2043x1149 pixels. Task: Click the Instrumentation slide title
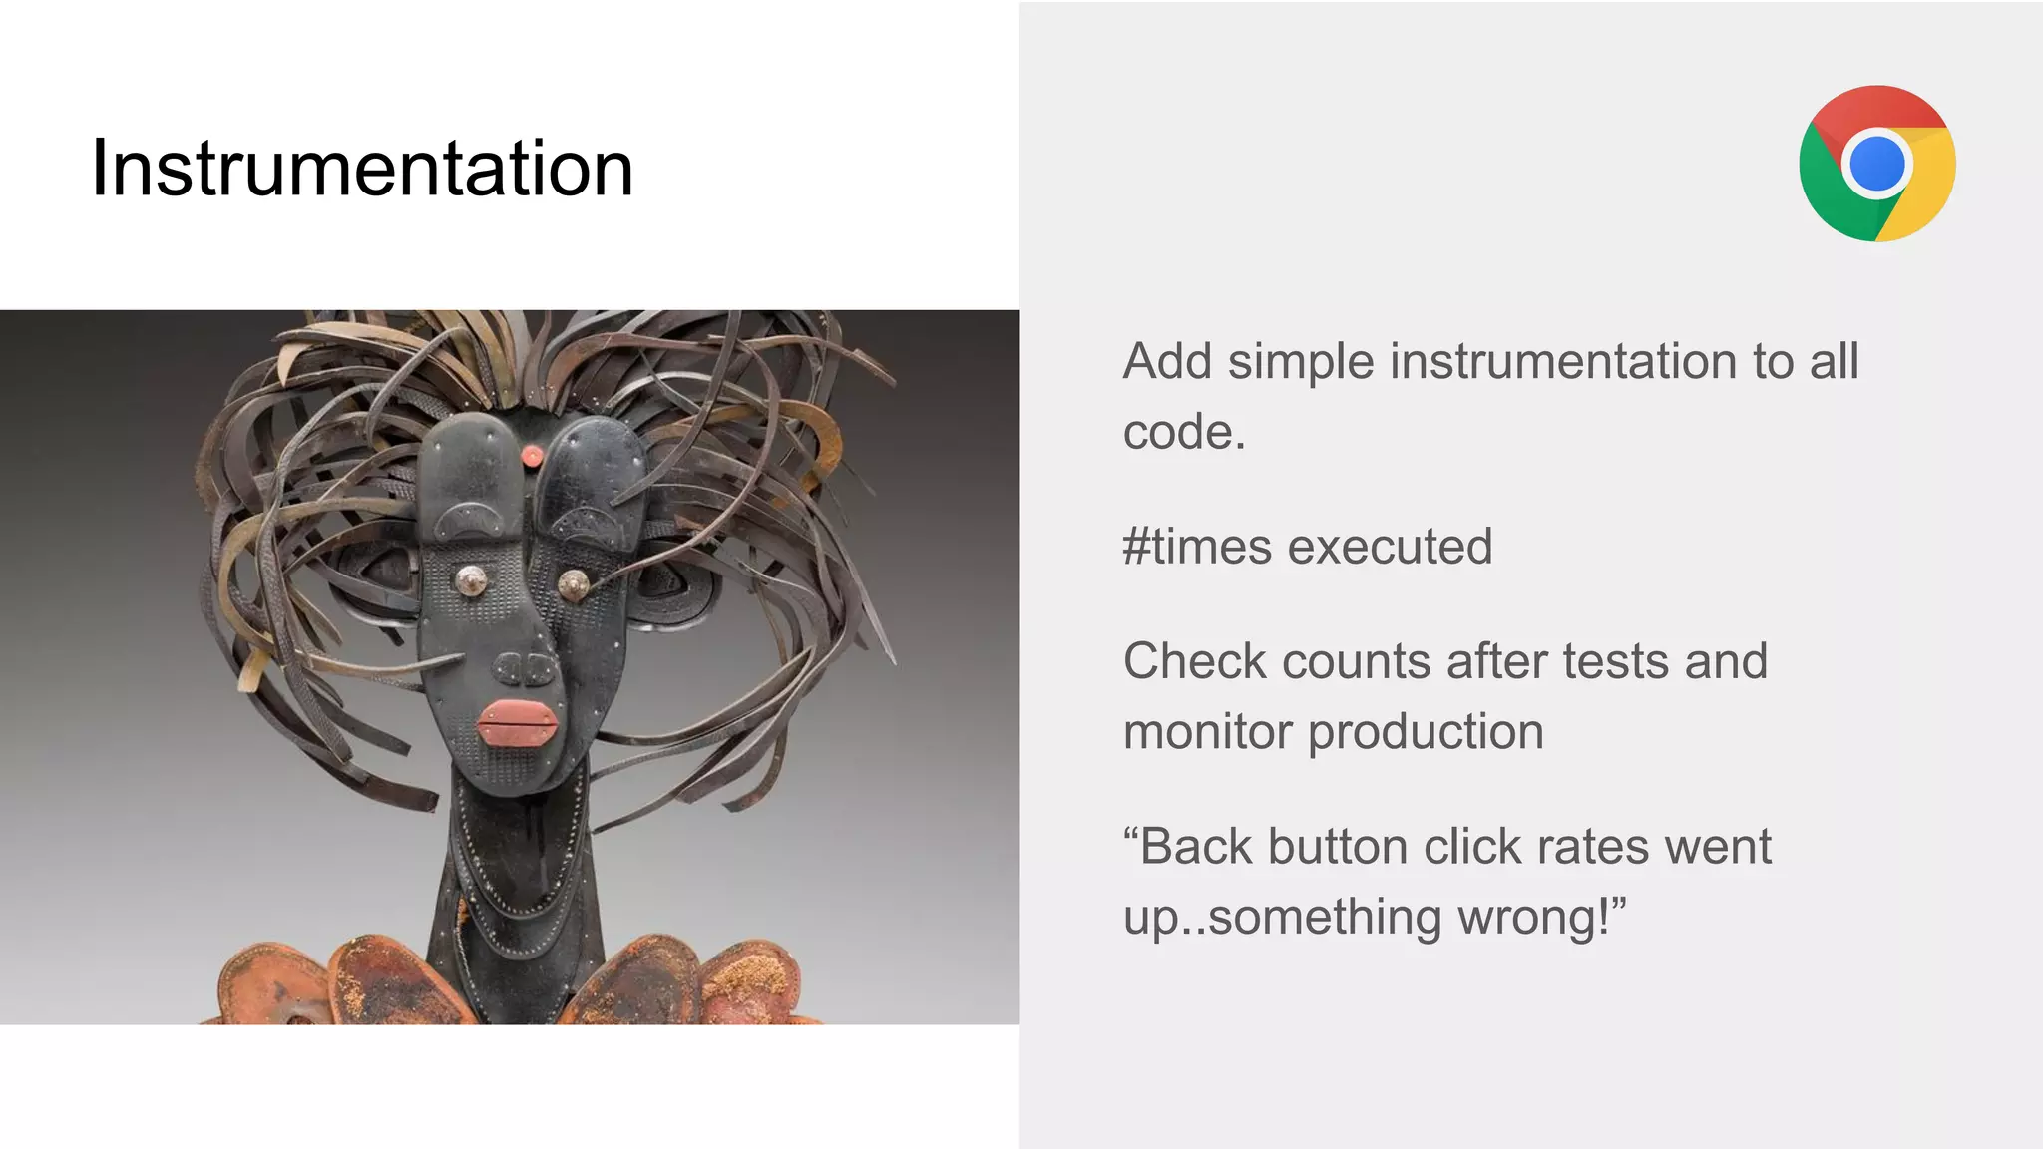(x=362, y=168)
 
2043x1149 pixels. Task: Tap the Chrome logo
(x=1876, y=164)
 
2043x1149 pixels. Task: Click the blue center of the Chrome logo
(x=1876, y=164)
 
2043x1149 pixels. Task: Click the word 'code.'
(x=1184, y=432)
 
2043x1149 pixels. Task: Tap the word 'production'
(x=1426, y=732)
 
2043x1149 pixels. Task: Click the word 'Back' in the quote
(x=1195, y=847)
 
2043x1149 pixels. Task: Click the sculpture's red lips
(x=518, y=722)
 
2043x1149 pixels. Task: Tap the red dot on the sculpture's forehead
(x=532, y=456)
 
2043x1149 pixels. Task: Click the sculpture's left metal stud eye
(x=470, y=579)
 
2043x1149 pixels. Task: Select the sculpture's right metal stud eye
(x=573, y=584)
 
